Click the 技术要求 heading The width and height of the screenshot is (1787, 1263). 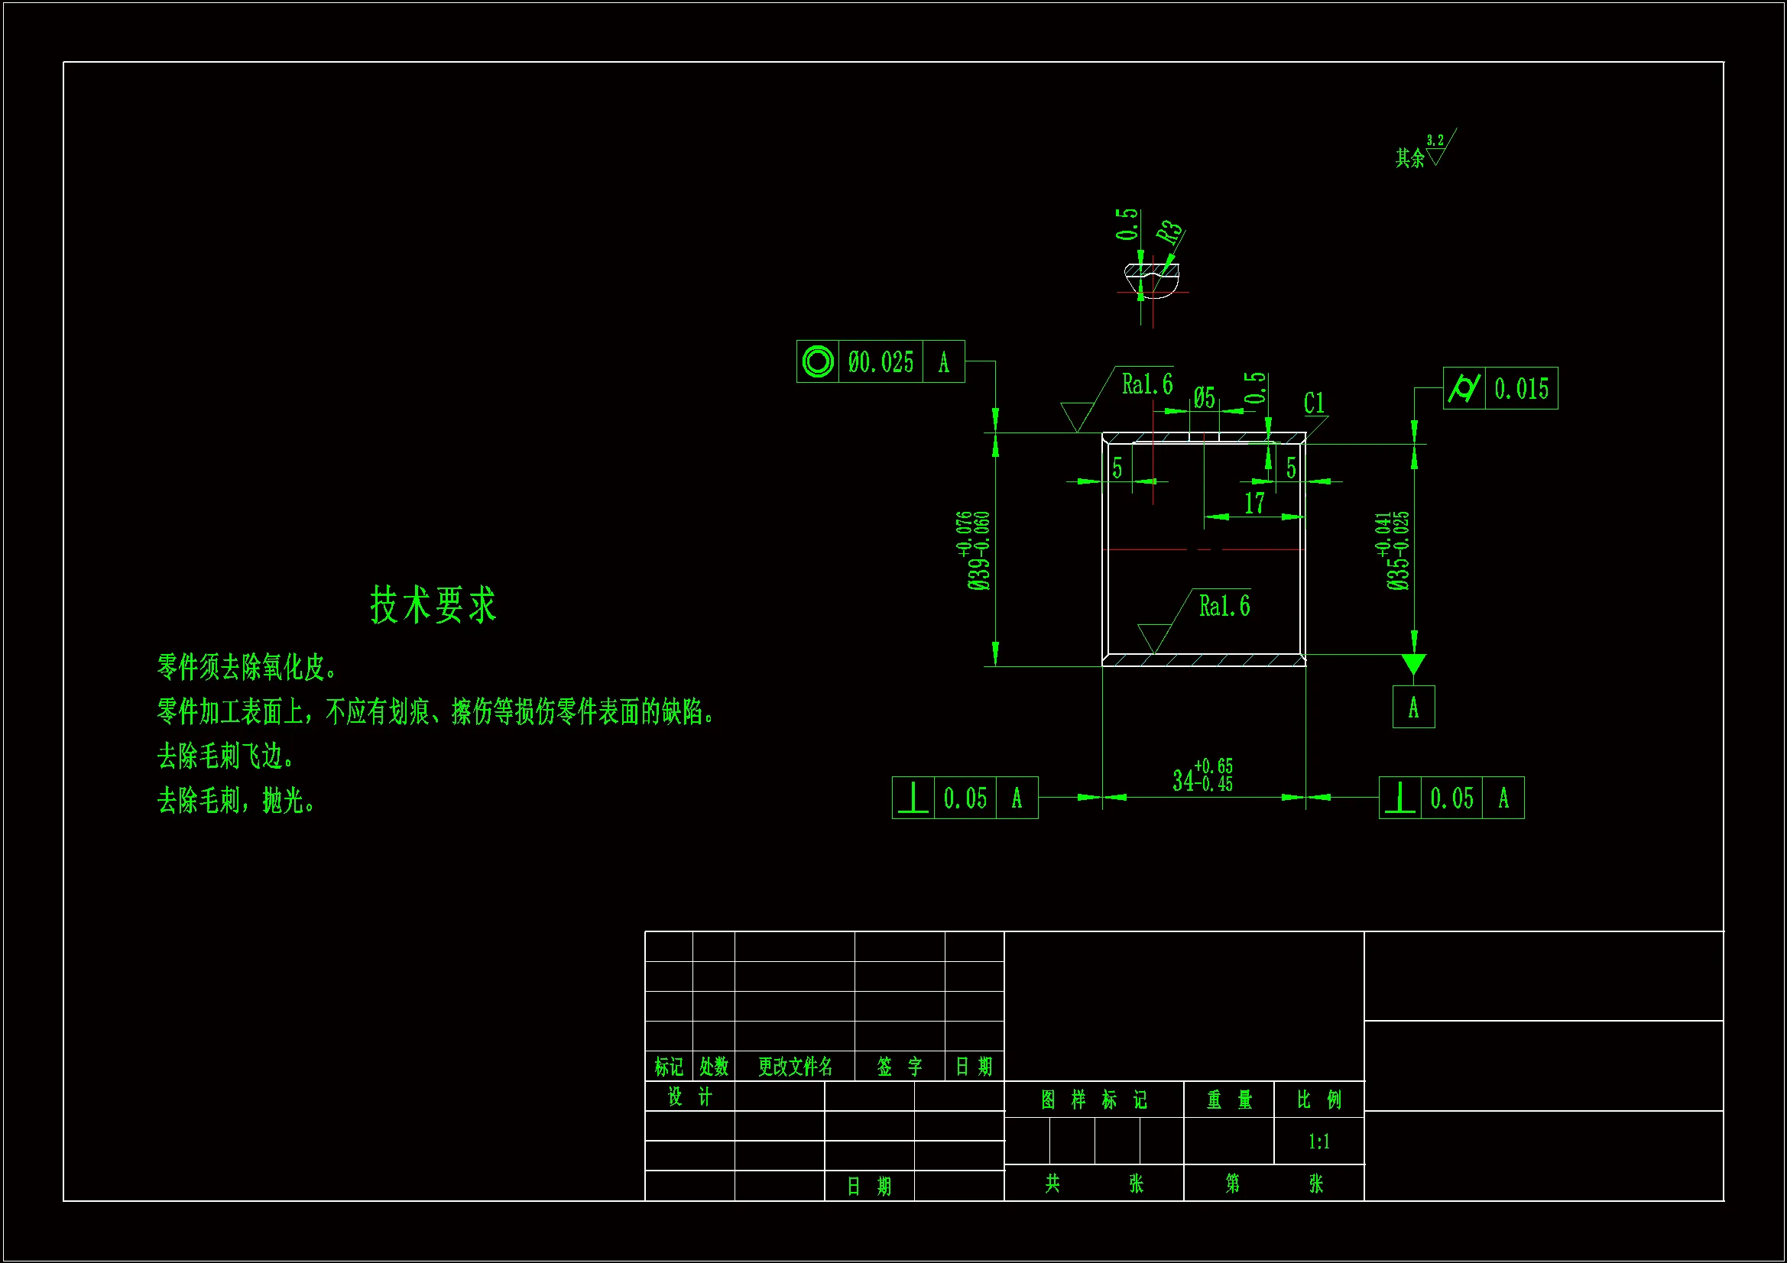(x=433, y=604)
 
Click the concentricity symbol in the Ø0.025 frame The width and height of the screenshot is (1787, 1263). (x=817, y=362)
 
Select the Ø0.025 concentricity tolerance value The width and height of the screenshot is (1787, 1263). (x=881, y=362)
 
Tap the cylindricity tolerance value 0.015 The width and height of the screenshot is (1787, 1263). (x=1521, y=388)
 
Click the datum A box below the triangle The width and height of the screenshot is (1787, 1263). (x=1412, y=707)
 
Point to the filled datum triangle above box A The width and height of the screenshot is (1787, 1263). (x=1413, y=663)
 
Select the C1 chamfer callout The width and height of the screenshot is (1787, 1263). (x=1314, y=403)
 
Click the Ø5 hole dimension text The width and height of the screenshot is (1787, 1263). (x=1204, y=398)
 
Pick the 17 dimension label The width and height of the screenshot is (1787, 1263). (x=1253, y=504)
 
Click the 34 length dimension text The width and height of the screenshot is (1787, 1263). (x=1202, y=776)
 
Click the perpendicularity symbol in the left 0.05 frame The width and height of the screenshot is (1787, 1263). (x=913, y=798)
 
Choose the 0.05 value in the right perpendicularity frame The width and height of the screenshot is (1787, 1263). (x=1451, y=798)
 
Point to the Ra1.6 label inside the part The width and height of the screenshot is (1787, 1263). (x=1224, y=606)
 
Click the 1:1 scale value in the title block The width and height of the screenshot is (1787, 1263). (x=1318, y=1142)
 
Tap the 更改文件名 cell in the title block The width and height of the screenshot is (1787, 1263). (x=795, y=1066)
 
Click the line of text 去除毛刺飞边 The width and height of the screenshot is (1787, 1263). (x=225, y=756)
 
